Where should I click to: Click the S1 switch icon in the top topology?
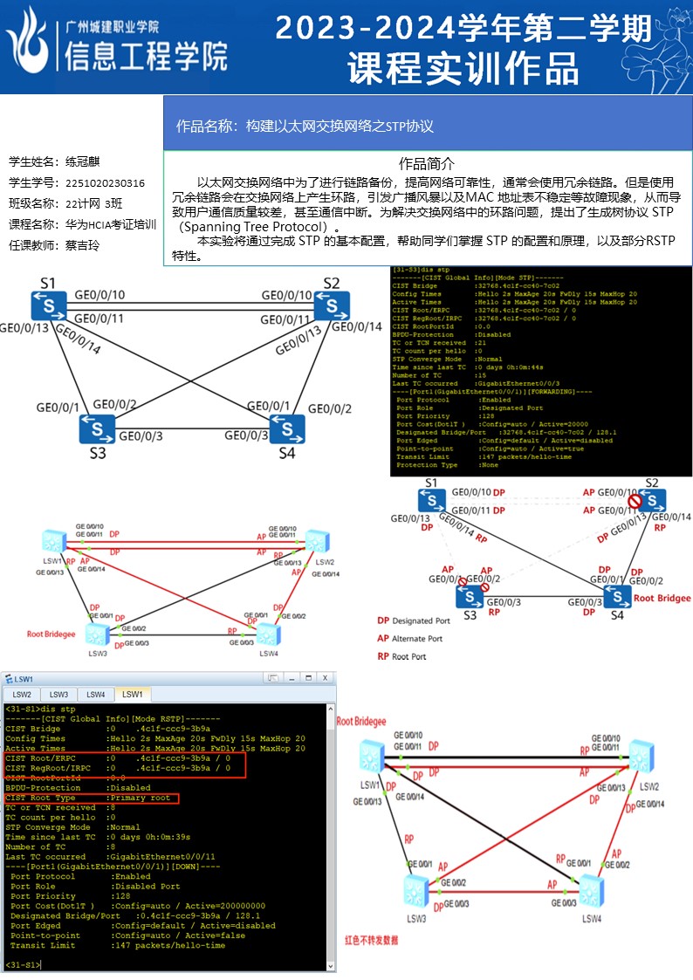click(47, 306)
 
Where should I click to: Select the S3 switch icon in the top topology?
click(97, 428)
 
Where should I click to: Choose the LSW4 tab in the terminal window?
click(96, 694)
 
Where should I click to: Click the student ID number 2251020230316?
click(105, 183)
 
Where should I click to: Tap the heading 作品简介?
click(427, 164)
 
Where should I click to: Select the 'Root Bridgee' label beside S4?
click(662, 598)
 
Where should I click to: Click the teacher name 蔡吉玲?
click(83, 245)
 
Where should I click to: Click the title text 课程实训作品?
click(463, 68)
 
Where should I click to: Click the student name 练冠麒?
click(83, 162)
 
